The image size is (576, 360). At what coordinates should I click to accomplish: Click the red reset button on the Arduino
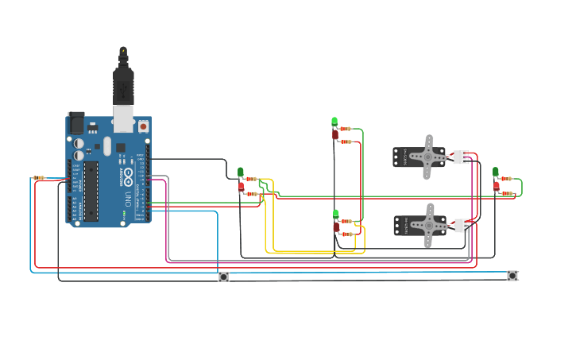pos(143,126)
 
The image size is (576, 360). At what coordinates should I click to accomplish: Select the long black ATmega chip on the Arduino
pos(91,190)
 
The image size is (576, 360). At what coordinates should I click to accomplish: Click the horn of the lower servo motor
pos(428,226)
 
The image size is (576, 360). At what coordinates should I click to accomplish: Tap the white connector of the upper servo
pos(461,157)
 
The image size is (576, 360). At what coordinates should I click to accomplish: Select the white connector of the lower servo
pos(461,226)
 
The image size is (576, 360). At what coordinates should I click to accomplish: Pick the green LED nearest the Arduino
pos(241,172)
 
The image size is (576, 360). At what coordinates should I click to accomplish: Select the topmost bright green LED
pos(334,122)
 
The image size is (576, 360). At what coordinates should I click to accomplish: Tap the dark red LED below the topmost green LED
pos(335,135)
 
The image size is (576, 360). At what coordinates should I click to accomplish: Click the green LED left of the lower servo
pos(336,214)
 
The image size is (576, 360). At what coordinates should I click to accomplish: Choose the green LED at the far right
pos(496,172)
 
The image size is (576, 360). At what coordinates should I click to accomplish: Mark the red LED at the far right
pos(497,186)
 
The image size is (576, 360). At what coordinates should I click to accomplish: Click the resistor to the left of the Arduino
pos(39,178)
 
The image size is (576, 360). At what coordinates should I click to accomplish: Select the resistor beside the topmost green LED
pos(346,129)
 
